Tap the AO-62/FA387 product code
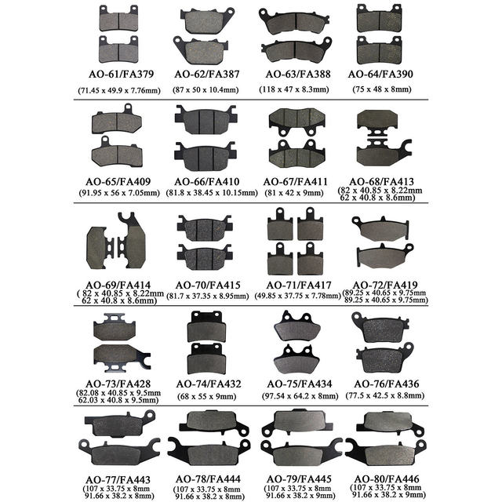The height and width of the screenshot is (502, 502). pos(206,75)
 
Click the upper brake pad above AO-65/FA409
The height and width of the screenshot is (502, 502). pos(117,122)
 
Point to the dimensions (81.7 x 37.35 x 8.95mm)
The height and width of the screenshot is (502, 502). pos(206,296)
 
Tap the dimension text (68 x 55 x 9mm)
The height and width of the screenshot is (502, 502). pos(206,396)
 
